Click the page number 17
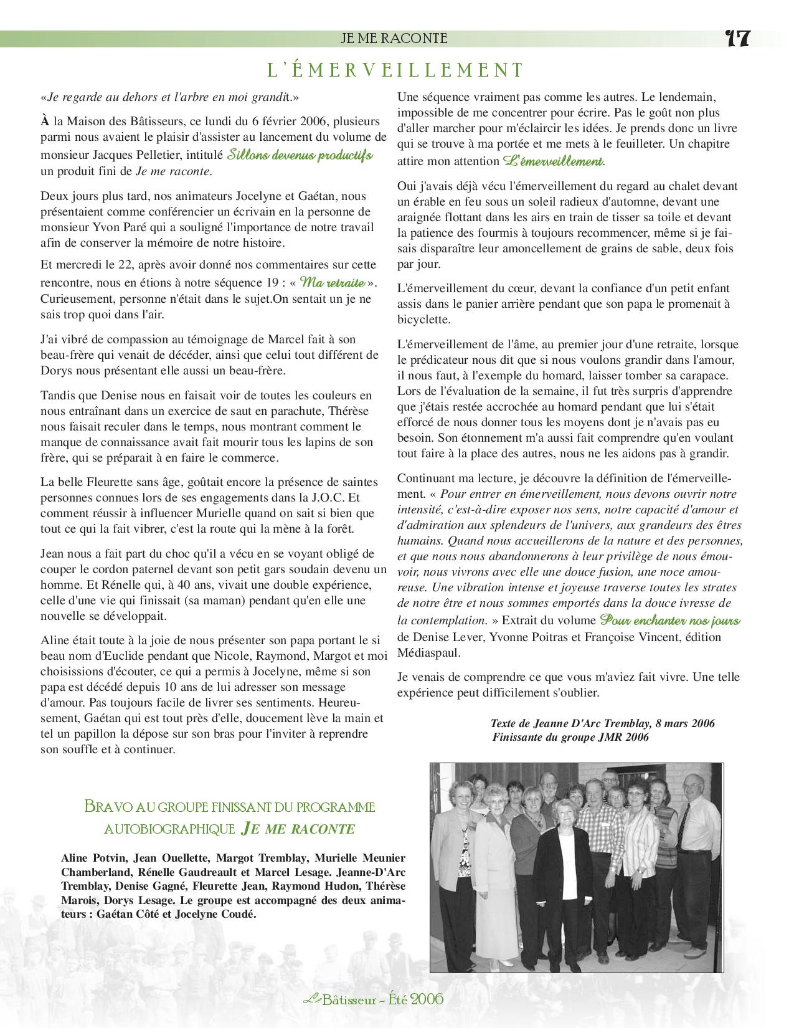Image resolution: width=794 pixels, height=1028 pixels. point(738,39)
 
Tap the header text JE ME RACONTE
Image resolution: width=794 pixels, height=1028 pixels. point(394,39)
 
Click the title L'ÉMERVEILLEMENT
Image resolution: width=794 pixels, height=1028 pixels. point(395,70)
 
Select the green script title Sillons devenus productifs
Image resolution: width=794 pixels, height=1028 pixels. point(300,155)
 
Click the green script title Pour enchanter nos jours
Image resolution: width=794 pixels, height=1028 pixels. point(669,621)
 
